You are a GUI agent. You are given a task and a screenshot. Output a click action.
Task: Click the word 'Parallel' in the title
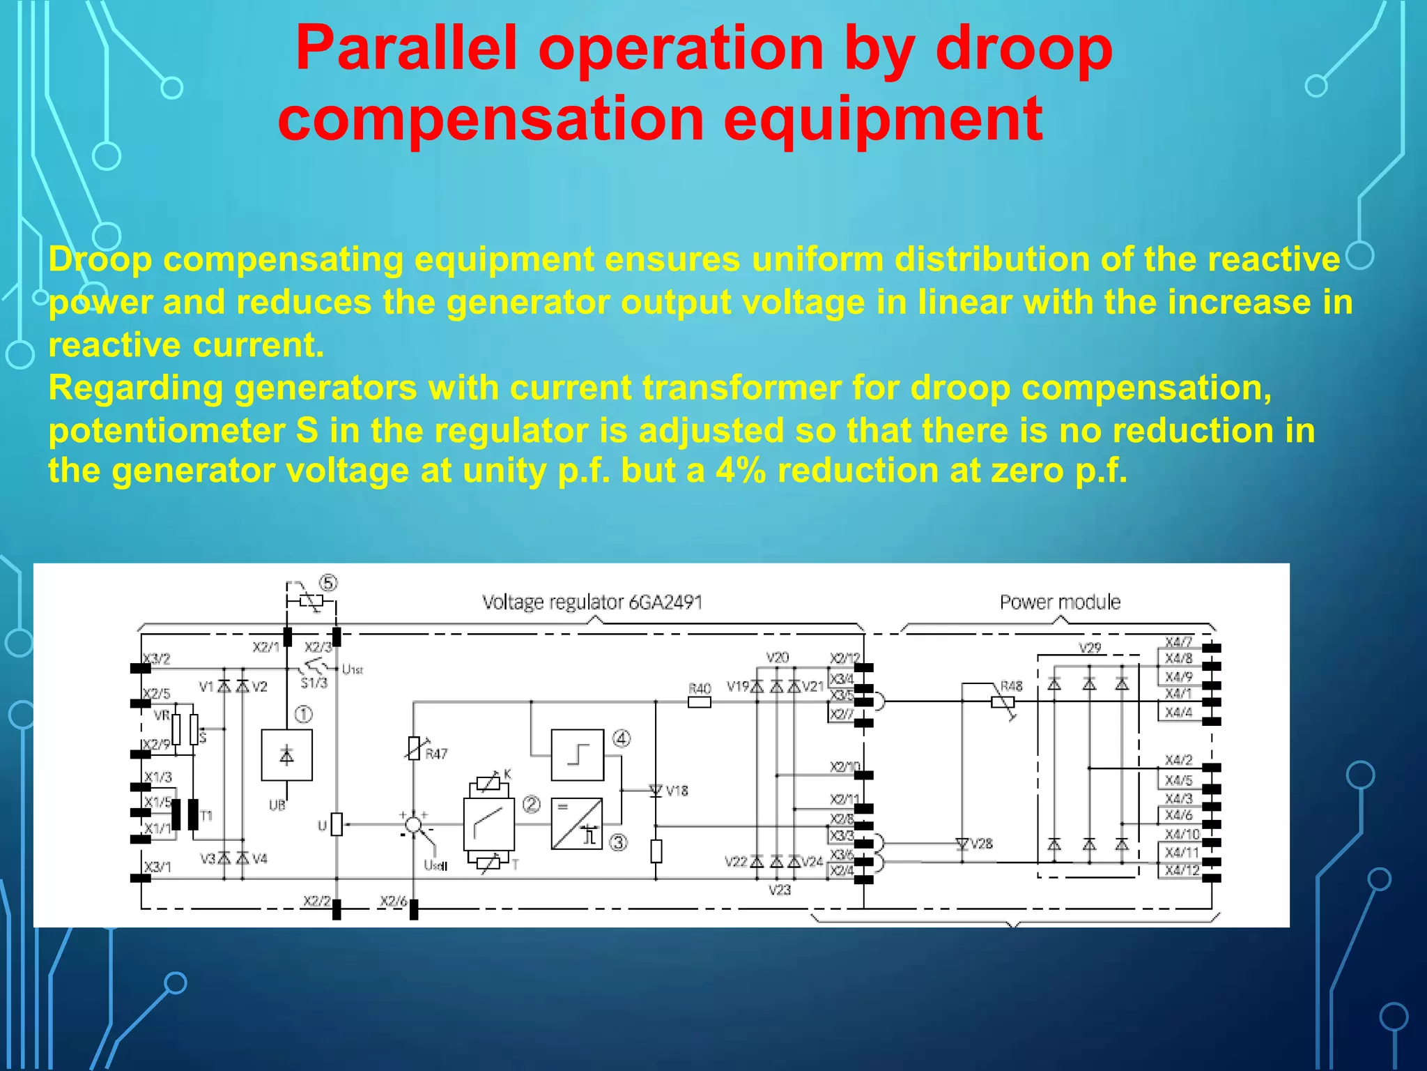coord(406,49)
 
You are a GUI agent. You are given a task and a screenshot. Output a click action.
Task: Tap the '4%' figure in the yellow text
coord(741,471)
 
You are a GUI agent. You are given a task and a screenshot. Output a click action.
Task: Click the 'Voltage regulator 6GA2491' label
coord(592,602)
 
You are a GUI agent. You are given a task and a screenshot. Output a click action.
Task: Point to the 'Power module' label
coord(1060,602)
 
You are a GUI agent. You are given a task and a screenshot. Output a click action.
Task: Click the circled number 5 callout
coord(328,583)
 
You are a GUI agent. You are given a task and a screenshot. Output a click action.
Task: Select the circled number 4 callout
coord(622,738)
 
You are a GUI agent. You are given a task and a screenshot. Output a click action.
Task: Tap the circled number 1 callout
coord(304,715)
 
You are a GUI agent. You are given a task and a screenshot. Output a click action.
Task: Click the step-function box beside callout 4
coord(577,754)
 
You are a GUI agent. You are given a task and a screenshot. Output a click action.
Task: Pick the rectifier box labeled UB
coord(286,755)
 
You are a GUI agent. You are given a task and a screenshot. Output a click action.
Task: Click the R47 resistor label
coord(436,754)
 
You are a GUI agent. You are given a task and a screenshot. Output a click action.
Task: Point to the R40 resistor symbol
coord(699,702)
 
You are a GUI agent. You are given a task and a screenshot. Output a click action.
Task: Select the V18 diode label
coord(677,791)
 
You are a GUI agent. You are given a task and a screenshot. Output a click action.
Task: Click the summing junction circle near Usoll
coord(413,825)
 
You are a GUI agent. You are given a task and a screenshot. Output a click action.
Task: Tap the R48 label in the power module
coord(1011,686)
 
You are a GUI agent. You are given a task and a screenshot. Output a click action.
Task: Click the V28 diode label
coord(981,844)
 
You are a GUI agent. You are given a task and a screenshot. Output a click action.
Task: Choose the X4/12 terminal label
coord(1182,870)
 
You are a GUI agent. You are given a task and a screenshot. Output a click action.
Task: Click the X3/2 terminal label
coord(157,658)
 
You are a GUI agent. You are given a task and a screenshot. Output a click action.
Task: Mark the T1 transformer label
coord(206,815)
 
